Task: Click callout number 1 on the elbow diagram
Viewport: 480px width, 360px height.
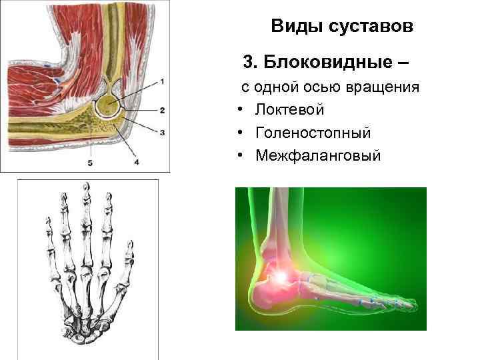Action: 163,81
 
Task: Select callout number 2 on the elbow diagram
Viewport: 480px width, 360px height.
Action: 163,109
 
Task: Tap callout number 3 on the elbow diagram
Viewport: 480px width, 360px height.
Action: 163,132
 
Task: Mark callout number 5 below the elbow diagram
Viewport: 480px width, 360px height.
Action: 89,163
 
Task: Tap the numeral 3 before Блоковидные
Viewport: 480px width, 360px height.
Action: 249,63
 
